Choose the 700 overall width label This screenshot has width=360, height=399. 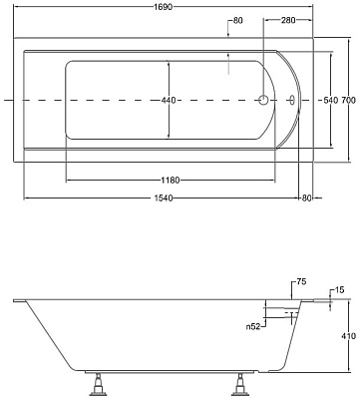346,100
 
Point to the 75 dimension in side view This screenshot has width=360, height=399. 298,282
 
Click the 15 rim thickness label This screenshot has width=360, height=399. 339,289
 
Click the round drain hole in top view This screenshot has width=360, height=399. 262,100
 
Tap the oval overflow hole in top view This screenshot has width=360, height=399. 290,100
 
